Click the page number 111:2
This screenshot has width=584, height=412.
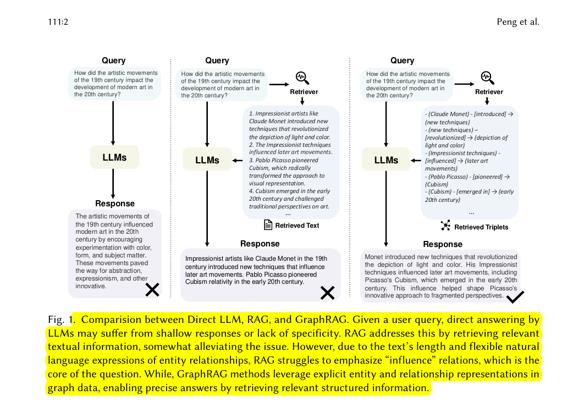(58, 22)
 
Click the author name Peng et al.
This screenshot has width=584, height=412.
(517, 22)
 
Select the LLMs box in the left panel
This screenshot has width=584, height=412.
(114, 157)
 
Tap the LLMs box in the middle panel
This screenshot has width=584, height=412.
(207, 160)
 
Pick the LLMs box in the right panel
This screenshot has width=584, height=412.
(386, 160)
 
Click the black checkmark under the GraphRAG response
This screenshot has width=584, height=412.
(515, 297)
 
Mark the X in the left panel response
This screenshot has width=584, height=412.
(152, 289)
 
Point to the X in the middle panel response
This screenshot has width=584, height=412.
(327, 293)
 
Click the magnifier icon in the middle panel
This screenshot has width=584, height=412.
(302, 77)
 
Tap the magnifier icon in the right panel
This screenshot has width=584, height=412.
(487, 77)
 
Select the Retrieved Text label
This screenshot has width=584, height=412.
(297, 226)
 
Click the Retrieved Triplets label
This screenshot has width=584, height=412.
(481, 227)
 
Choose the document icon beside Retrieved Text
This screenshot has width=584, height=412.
(268, 225)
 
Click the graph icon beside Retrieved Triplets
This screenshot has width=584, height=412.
(445, 226)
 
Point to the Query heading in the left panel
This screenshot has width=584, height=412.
(113, 61)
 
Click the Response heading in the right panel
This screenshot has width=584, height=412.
(443, 244)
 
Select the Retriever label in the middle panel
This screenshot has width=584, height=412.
(304, 92)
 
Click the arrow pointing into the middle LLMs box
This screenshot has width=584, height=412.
(238, 160)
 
